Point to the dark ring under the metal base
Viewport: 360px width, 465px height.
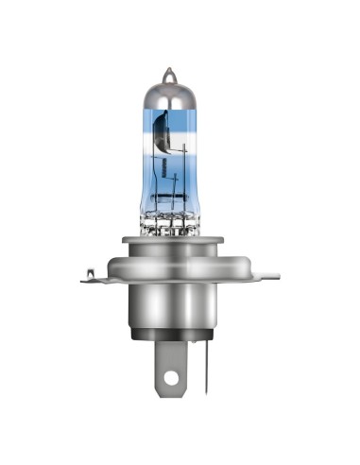180,336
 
